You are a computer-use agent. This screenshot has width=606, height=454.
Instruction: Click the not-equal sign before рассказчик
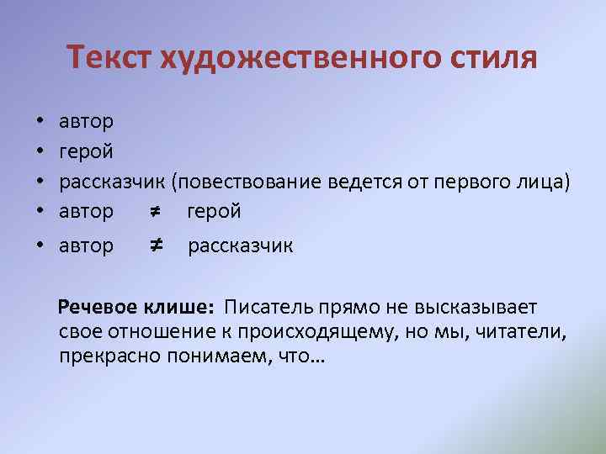155,245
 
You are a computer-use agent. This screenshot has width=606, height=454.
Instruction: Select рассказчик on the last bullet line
240,246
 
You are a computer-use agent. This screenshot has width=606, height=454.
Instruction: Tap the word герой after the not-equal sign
214,212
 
